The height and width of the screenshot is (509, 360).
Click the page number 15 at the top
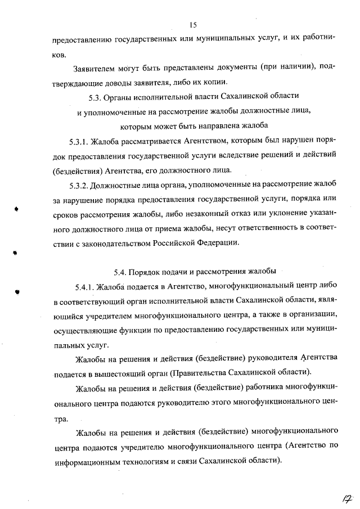[192, 24]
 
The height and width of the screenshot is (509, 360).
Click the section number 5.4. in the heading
[121, 272]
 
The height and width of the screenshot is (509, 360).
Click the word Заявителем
[95, 69]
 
